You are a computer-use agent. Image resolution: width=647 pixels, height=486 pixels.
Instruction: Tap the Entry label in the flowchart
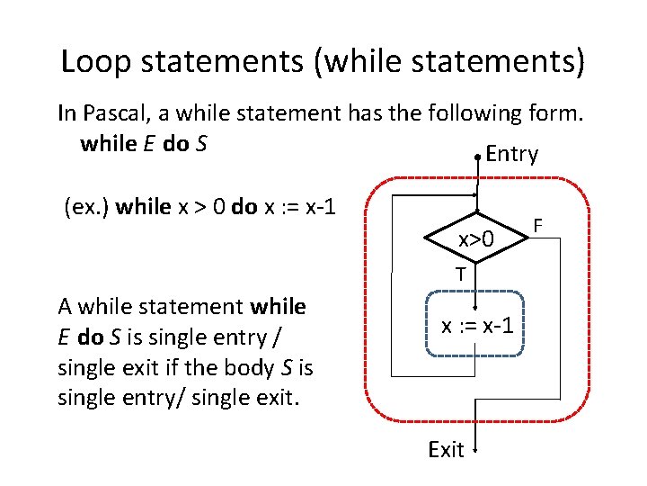(x=511, y=154)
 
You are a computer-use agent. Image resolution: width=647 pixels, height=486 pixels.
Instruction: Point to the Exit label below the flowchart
(x=447, y=450)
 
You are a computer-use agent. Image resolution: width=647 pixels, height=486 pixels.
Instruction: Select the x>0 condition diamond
(x=476, y=239)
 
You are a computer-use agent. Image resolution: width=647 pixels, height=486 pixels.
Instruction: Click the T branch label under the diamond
(x=459, y=274)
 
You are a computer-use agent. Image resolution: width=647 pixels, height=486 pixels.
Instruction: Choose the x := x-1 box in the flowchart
(x=476, y=325)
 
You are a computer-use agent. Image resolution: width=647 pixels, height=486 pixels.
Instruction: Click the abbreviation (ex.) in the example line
(x=88, y=207)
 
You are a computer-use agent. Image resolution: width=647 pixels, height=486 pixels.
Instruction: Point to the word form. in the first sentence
(x=559, y=114)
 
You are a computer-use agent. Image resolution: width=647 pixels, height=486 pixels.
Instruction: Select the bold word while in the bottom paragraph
(x=279, y=307)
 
